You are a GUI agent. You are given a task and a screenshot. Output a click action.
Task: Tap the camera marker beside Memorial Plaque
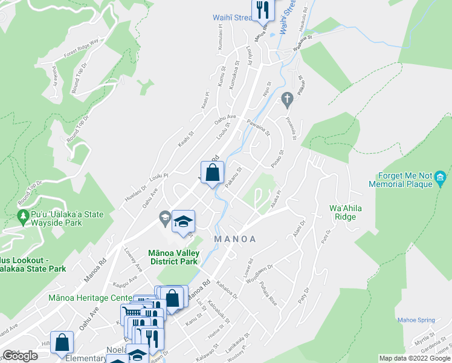(x=441, y=177)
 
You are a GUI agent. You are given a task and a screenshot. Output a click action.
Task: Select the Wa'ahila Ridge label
(x=345, y=212)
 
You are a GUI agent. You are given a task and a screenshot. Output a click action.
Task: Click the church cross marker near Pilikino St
(x=288, y=97)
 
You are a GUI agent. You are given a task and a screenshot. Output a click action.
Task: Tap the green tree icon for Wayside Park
(x=24, y=216)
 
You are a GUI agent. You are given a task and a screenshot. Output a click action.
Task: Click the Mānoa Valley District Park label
(x=173, y=257)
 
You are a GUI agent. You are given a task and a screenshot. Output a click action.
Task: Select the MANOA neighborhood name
(x=236, y=239)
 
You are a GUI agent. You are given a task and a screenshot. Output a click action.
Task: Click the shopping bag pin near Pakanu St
(x=213, y=173)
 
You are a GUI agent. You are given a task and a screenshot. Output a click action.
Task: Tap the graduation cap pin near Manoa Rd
(x=184, y=222)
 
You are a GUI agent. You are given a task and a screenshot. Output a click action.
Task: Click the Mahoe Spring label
(x=416, y=320)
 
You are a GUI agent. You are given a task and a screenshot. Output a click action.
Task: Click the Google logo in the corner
(x=19, y=356)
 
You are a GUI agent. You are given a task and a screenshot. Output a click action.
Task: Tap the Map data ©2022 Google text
(x=415, y=358)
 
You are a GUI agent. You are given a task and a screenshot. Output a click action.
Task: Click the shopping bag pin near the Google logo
(x=62, y=342)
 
